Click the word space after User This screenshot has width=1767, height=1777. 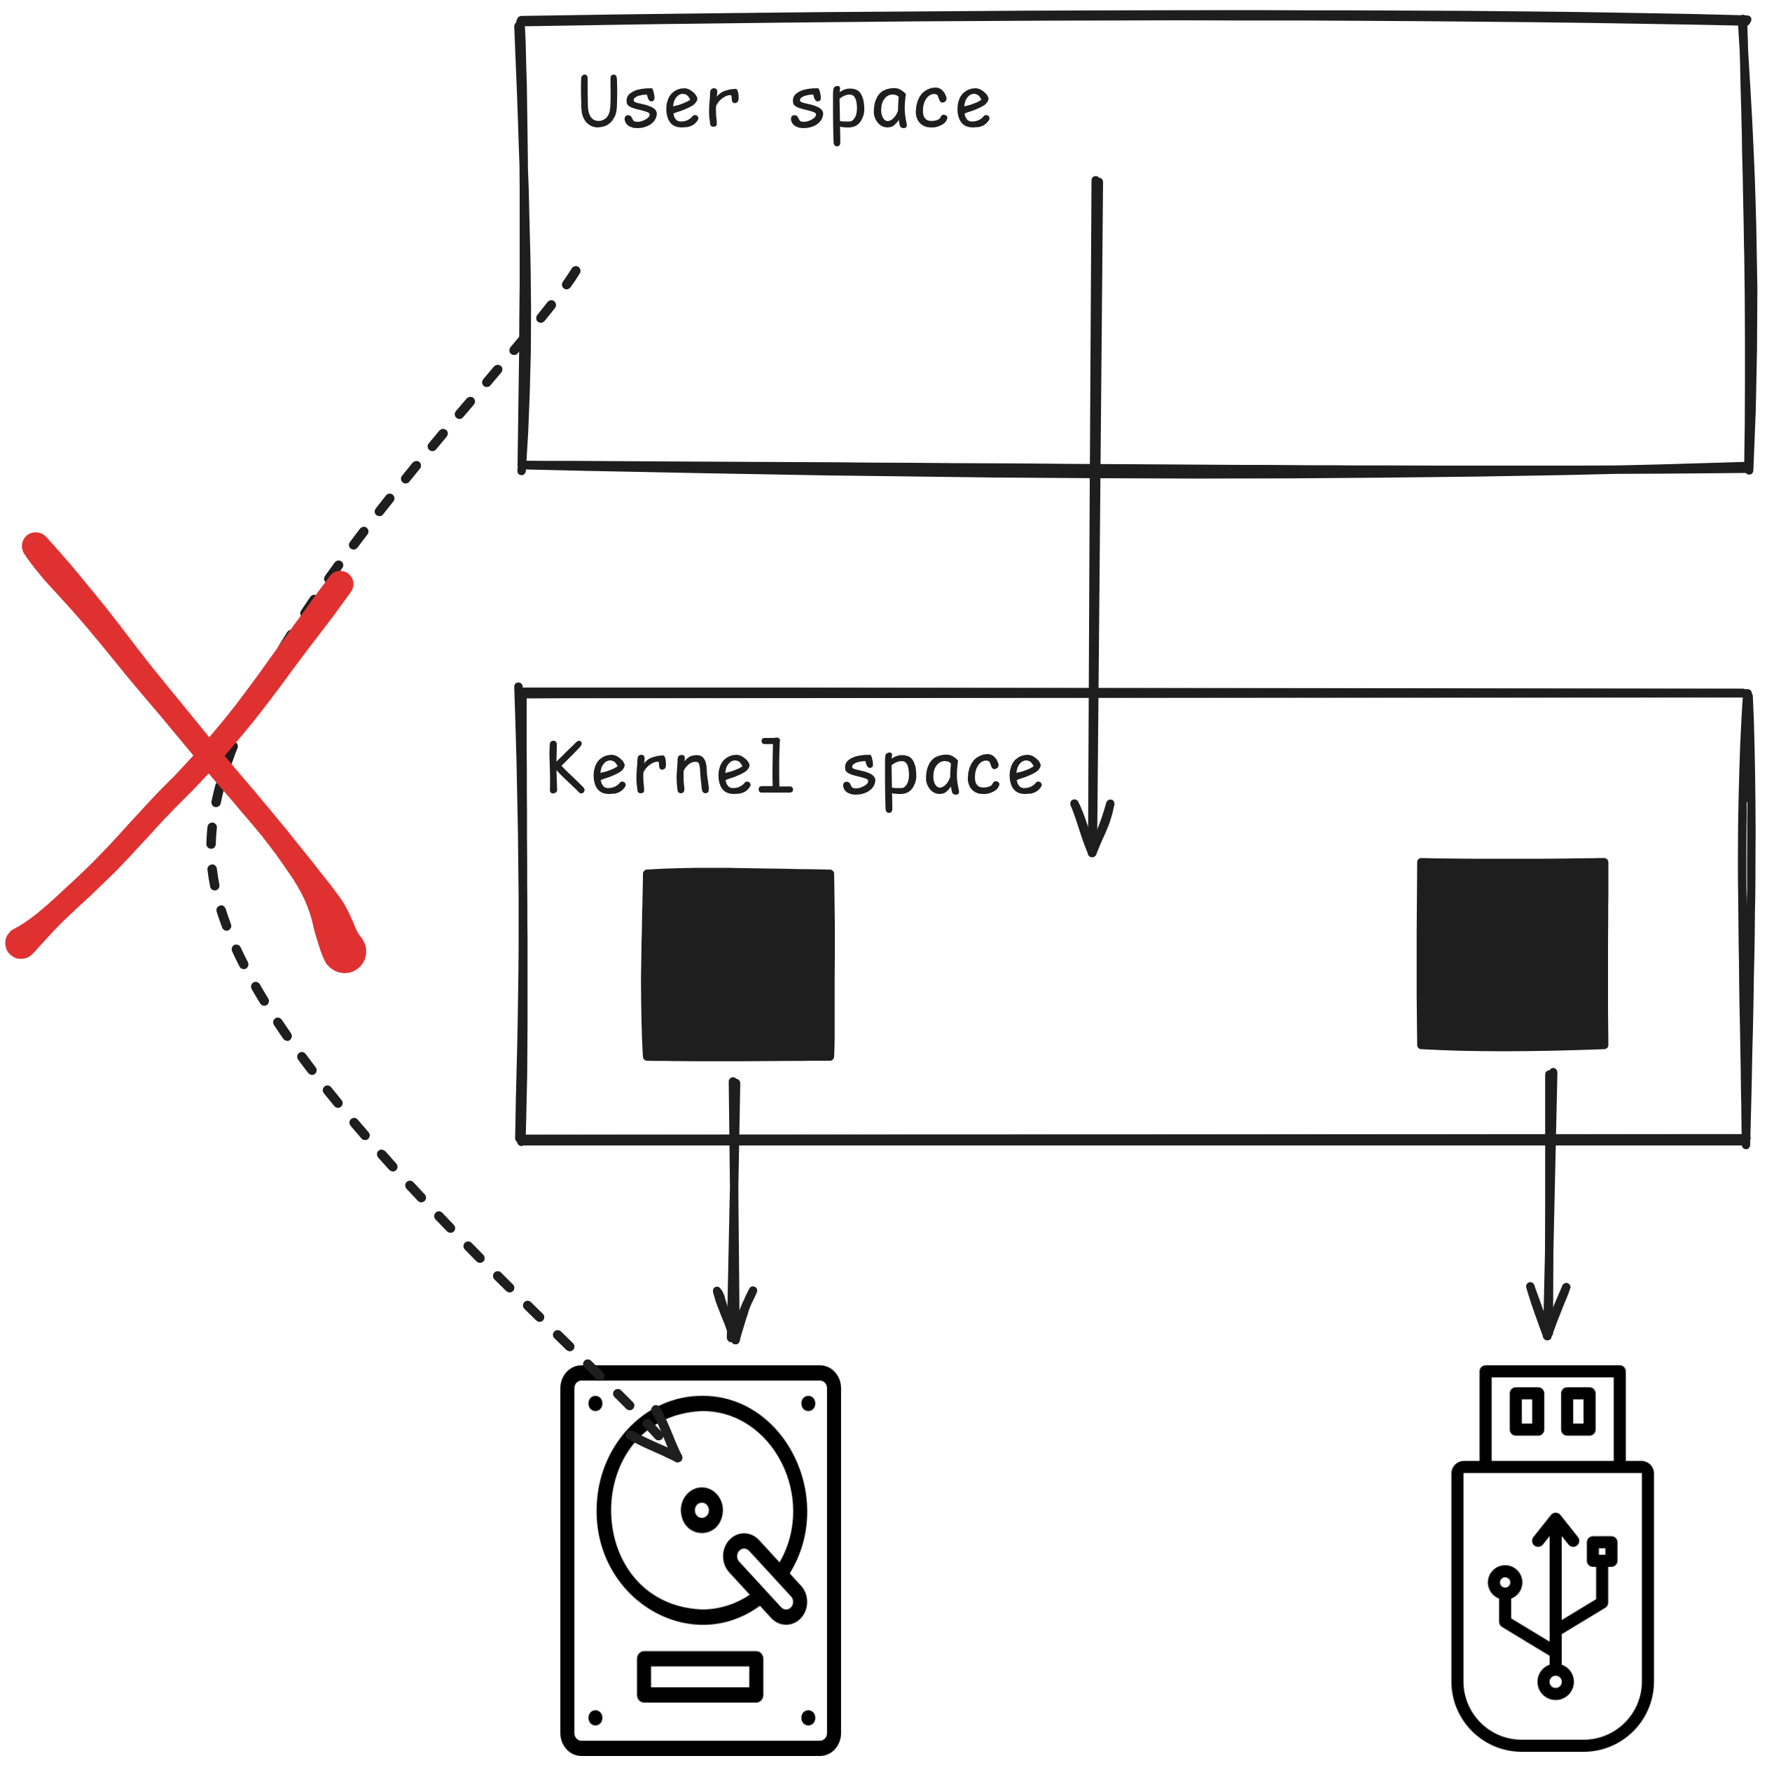pyautogui.click(x=889, y=106)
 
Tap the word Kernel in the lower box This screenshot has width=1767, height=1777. pyautogui.click(x=669, y=768)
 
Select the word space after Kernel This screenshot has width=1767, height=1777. pyautogui.click(x=942, y=772)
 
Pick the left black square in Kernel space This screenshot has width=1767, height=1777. pyautogui.click(x=737, y=964)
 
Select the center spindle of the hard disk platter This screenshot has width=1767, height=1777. pyautogui.click(x=702, y=1510)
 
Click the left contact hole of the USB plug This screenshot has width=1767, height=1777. pyautogui.click(x=1526, y=1411)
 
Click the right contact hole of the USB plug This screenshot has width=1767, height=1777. pyautogui.click(x=1579, y=1411)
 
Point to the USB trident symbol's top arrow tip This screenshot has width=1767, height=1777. pyautogui.click(x=1555, y=1522)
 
